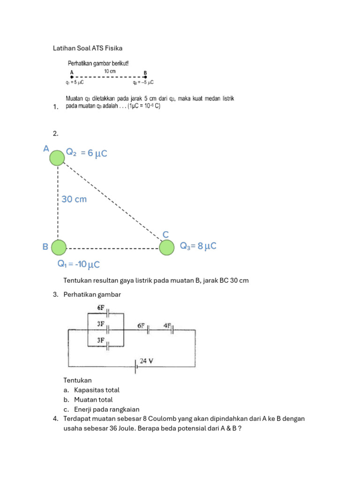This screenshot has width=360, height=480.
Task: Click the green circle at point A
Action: (x=57, y=158)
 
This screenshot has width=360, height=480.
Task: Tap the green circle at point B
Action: (x=59, y=247)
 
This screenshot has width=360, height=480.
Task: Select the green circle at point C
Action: (x=166, y=247)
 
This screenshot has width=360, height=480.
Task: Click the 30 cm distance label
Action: (x=74, y=199)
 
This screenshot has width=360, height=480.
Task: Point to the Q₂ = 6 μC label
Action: (x=87, y=152)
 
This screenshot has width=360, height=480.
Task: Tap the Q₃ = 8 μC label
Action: (x=198, y=246)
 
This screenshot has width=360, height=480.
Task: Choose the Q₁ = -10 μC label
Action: (x=79, y=264)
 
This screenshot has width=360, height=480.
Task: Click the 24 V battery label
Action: (x=148, y=361)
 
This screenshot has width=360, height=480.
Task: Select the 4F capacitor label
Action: (x=168, y=325)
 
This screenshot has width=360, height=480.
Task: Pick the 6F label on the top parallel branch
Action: (x=101, y=307)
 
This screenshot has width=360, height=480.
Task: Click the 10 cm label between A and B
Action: (x=110, y=71)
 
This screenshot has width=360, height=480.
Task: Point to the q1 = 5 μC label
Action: (x=75, y=82)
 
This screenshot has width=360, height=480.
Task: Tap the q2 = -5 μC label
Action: (x=143, y=82)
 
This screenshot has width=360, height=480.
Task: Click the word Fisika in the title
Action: (x=113, y=48)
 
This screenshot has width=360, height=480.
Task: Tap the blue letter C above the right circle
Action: (x=165, y=234)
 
